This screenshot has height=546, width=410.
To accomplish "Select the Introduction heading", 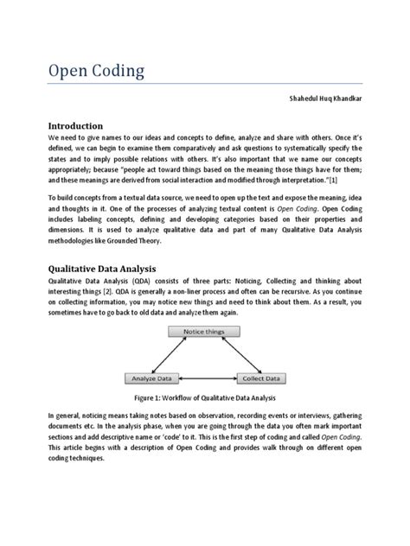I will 83,126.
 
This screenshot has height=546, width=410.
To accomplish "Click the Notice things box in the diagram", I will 204,332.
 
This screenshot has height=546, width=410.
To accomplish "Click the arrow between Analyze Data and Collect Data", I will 206,377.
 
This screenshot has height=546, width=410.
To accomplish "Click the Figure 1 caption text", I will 204,398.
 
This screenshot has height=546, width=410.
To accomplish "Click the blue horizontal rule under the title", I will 204,84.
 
